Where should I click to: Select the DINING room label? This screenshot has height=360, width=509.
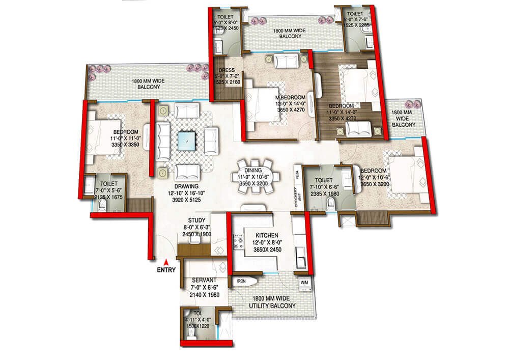coord(253,171)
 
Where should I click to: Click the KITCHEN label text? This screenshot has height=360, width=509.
coord(260,235)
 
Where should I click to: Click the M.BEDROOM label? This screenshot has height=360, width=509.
coord(291,97)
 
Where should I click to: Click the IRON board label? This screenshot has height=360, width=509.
coord(241,281)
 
